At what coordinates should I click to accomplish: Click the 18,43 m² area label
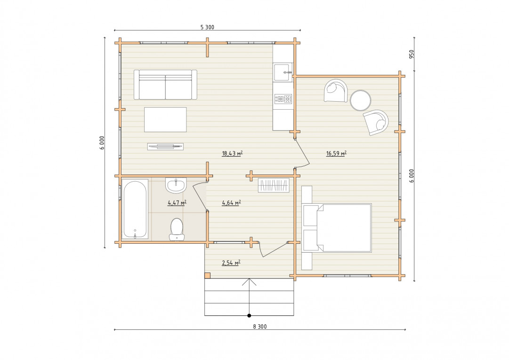point(233,153)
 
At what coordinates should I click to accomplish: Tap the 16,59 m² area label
point(336,153)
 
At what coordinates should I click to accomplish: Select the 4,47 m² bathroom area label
point(177,203)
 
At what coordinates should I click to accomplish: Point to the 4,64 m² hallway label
point(231,203)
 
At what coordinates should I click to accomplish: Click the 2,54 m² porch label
point(231,263)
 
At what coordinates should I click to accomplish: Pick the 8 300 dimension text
point(260,326)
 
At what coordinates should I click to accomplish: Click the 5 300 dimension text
point(207,27)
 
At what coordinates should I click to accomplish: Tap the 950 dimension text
point(412,54)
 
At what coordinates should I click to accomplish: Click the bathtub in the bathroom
point(135,210)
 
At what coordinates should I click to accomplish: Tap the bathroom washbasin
point(176,185)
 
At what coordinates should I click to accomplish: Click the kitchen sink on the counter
point(283,72)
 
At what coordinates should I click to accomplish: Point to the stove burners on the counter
point(283,99)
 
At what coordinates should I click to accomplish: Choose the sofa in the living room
point(166,85)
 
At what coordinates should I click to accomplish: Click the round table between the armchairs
point(360,100)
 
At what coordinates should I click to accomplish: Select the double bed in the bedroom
point(337,228)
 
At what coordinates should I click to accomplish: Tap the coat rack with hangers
point(274,185)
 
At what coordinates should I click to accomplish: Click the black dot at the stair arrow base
point(249,315)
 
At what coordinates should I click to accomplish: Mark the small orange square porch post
point(208,275)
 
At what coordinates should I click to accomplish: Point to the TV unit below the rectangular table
point(165,147)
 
